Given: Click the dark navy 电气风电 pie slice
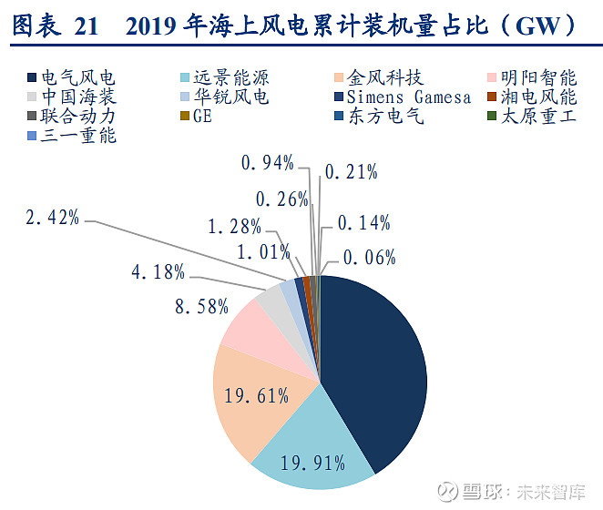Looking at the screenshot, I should click(373, 364).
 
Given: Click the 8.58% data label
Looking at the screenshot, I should click(200, 306).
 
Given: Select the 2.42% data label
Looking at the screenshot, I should click(51, 218).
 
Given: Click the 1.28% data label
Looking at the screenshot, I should click(235, 225).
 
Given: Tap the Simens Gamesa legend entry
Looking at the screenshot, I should click(405, 97).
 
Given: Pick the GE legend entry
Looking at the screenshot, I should click(201, 117).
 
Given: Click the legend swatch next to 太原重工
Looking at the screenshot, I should click(491, 117).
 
